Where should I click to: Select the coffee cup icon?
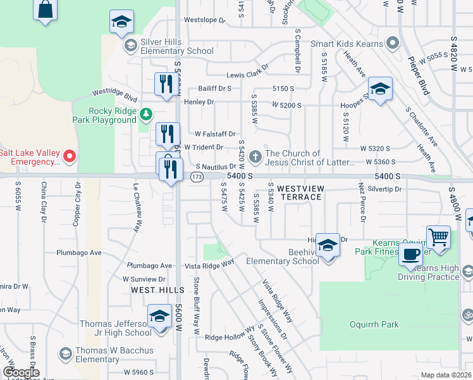coord(410,255)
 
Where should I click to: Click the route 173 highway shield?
coord(197,177)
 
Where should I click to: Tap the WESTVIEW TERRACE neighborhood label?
coord(300,193)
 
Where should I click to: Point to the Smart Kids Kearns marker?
coord(393,44)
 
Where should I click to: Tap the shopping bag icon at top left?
coord(45,10)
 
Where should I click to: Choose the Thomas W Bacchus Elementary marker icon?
coord(64,353)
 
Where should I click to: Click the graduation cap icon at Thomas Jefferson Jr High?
coord(159,316)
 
